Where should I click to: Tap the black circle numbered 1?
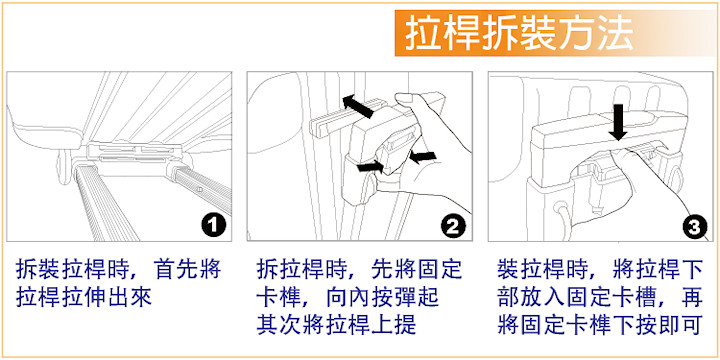point(213,225)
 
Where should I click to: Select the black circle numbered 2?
point(453,225)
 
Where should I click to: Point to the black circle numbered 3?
point(694,225)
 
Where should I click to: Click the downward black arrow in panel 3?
point(619,122)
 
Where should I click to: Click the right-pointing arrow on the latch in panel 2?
point(371,166)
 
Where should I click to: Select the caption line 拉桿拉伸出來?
point(84,298)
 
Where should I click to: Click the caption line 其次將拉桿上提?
point(337,324)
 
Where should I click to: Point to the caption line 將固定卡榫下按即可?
point(600,324)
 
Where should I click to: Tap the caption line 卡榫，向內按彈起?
point(348,298)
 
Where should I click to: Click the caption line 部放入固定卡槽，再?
point(600,298)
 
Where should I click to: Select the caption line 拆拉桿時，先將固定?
point(359,270)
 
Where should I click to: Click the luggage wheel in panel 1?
point(65,169)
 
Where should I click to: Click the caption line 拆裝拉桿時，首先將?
point(118,270)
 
